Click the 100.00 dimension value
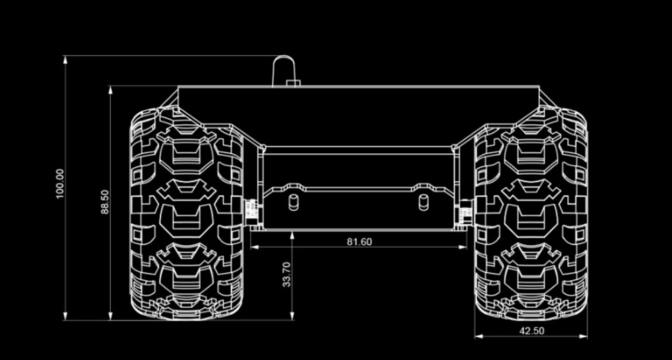coord(60,183)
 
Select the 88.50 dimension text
coord(106,202)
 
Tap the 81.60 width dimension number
coord(360,242)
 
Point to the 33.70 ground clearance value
coord(287,274)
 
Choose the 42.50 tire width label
coord(532,331)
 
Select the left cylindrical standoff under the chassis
coord(294,202)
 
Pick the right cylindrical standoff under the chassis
coord(423,202)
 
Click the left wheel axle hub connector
coord(251,212)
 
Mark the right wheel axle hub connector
coord(467,212)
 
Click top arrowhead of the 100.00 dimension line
coord(65,60)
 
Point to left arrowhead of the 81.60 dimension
coord(255,247)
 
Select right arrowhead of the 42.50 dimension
coord(583,336)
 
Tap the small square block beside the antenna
coord(293,83)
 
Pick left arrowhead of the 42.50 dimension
coord(479,336)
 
